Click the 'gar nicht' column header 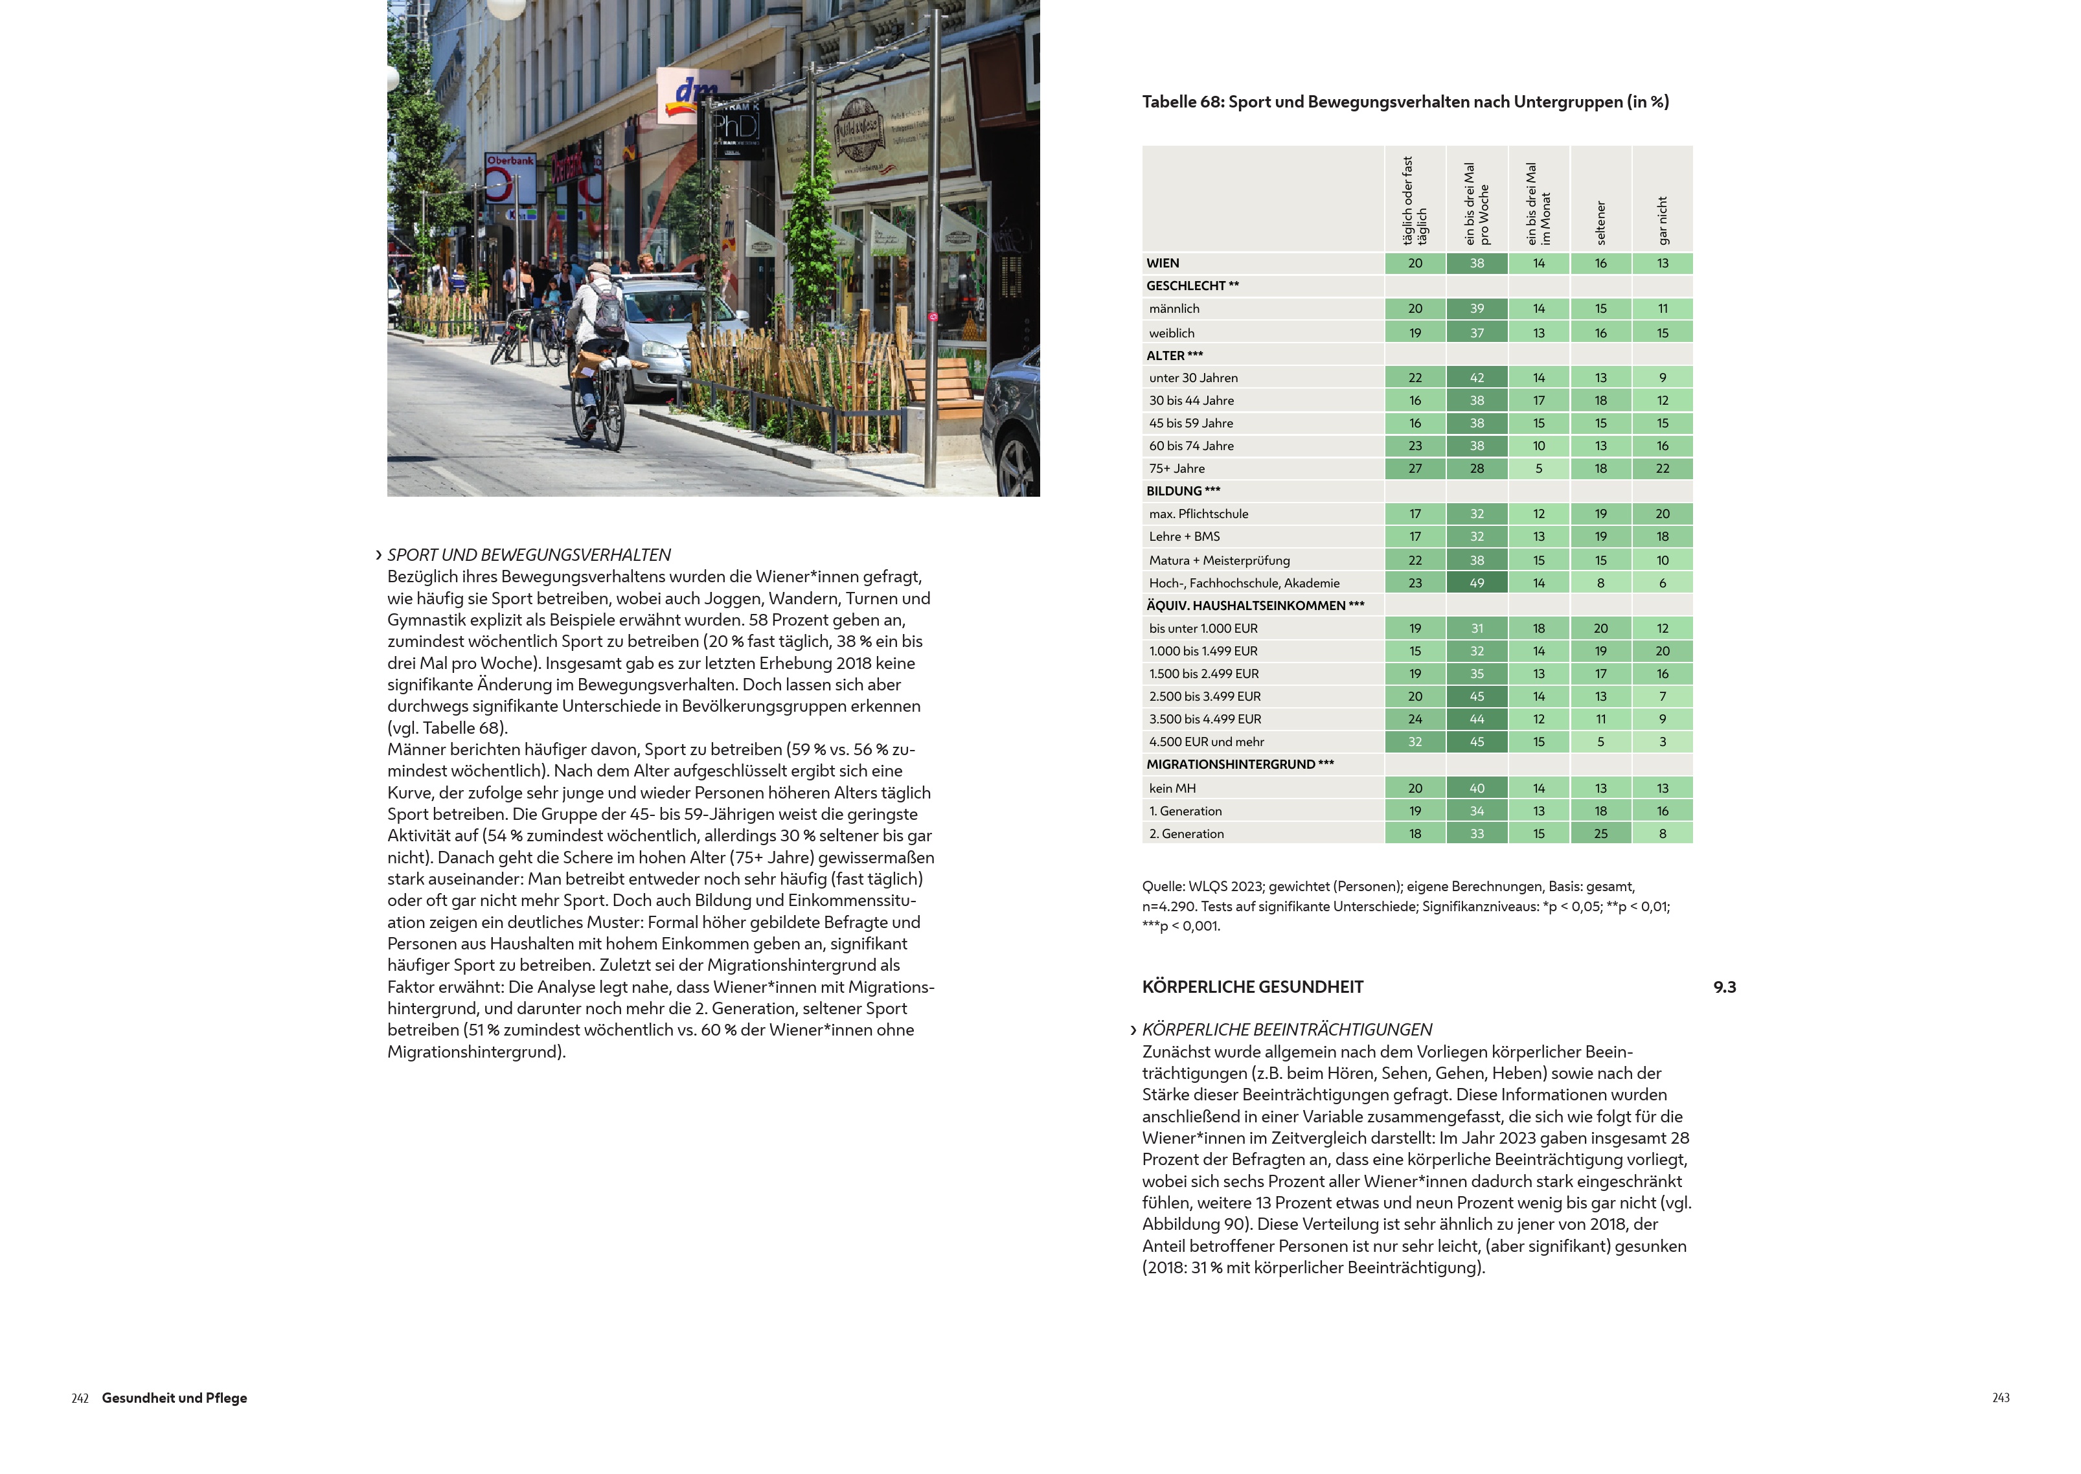tap(1663, 221)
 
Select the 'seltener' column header tap(1601, 222)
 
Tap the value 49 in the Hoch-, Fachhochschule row tap(1477, 583)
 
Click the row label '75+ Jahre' tap(1177, 468)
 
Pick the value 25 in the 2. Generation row tap(1601, 833)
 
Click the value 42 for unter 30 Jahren tap(1477, 378)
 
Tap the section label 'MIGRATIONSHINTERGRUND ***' tap(1240, 764)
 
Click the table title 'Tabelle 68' tap(1404, 102)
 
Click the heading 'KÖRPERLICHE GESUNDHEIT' tap(1253, 986)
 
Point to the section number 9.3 tap(1724, 986)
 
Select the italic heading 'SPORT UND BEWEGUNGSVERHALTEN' tap(529, 554)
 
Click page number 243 tap(2000, 1398)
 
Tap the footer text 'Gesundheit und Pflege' tap(174, 1398)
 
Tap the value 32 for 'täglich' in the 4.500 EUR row tap(1415, 742)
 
